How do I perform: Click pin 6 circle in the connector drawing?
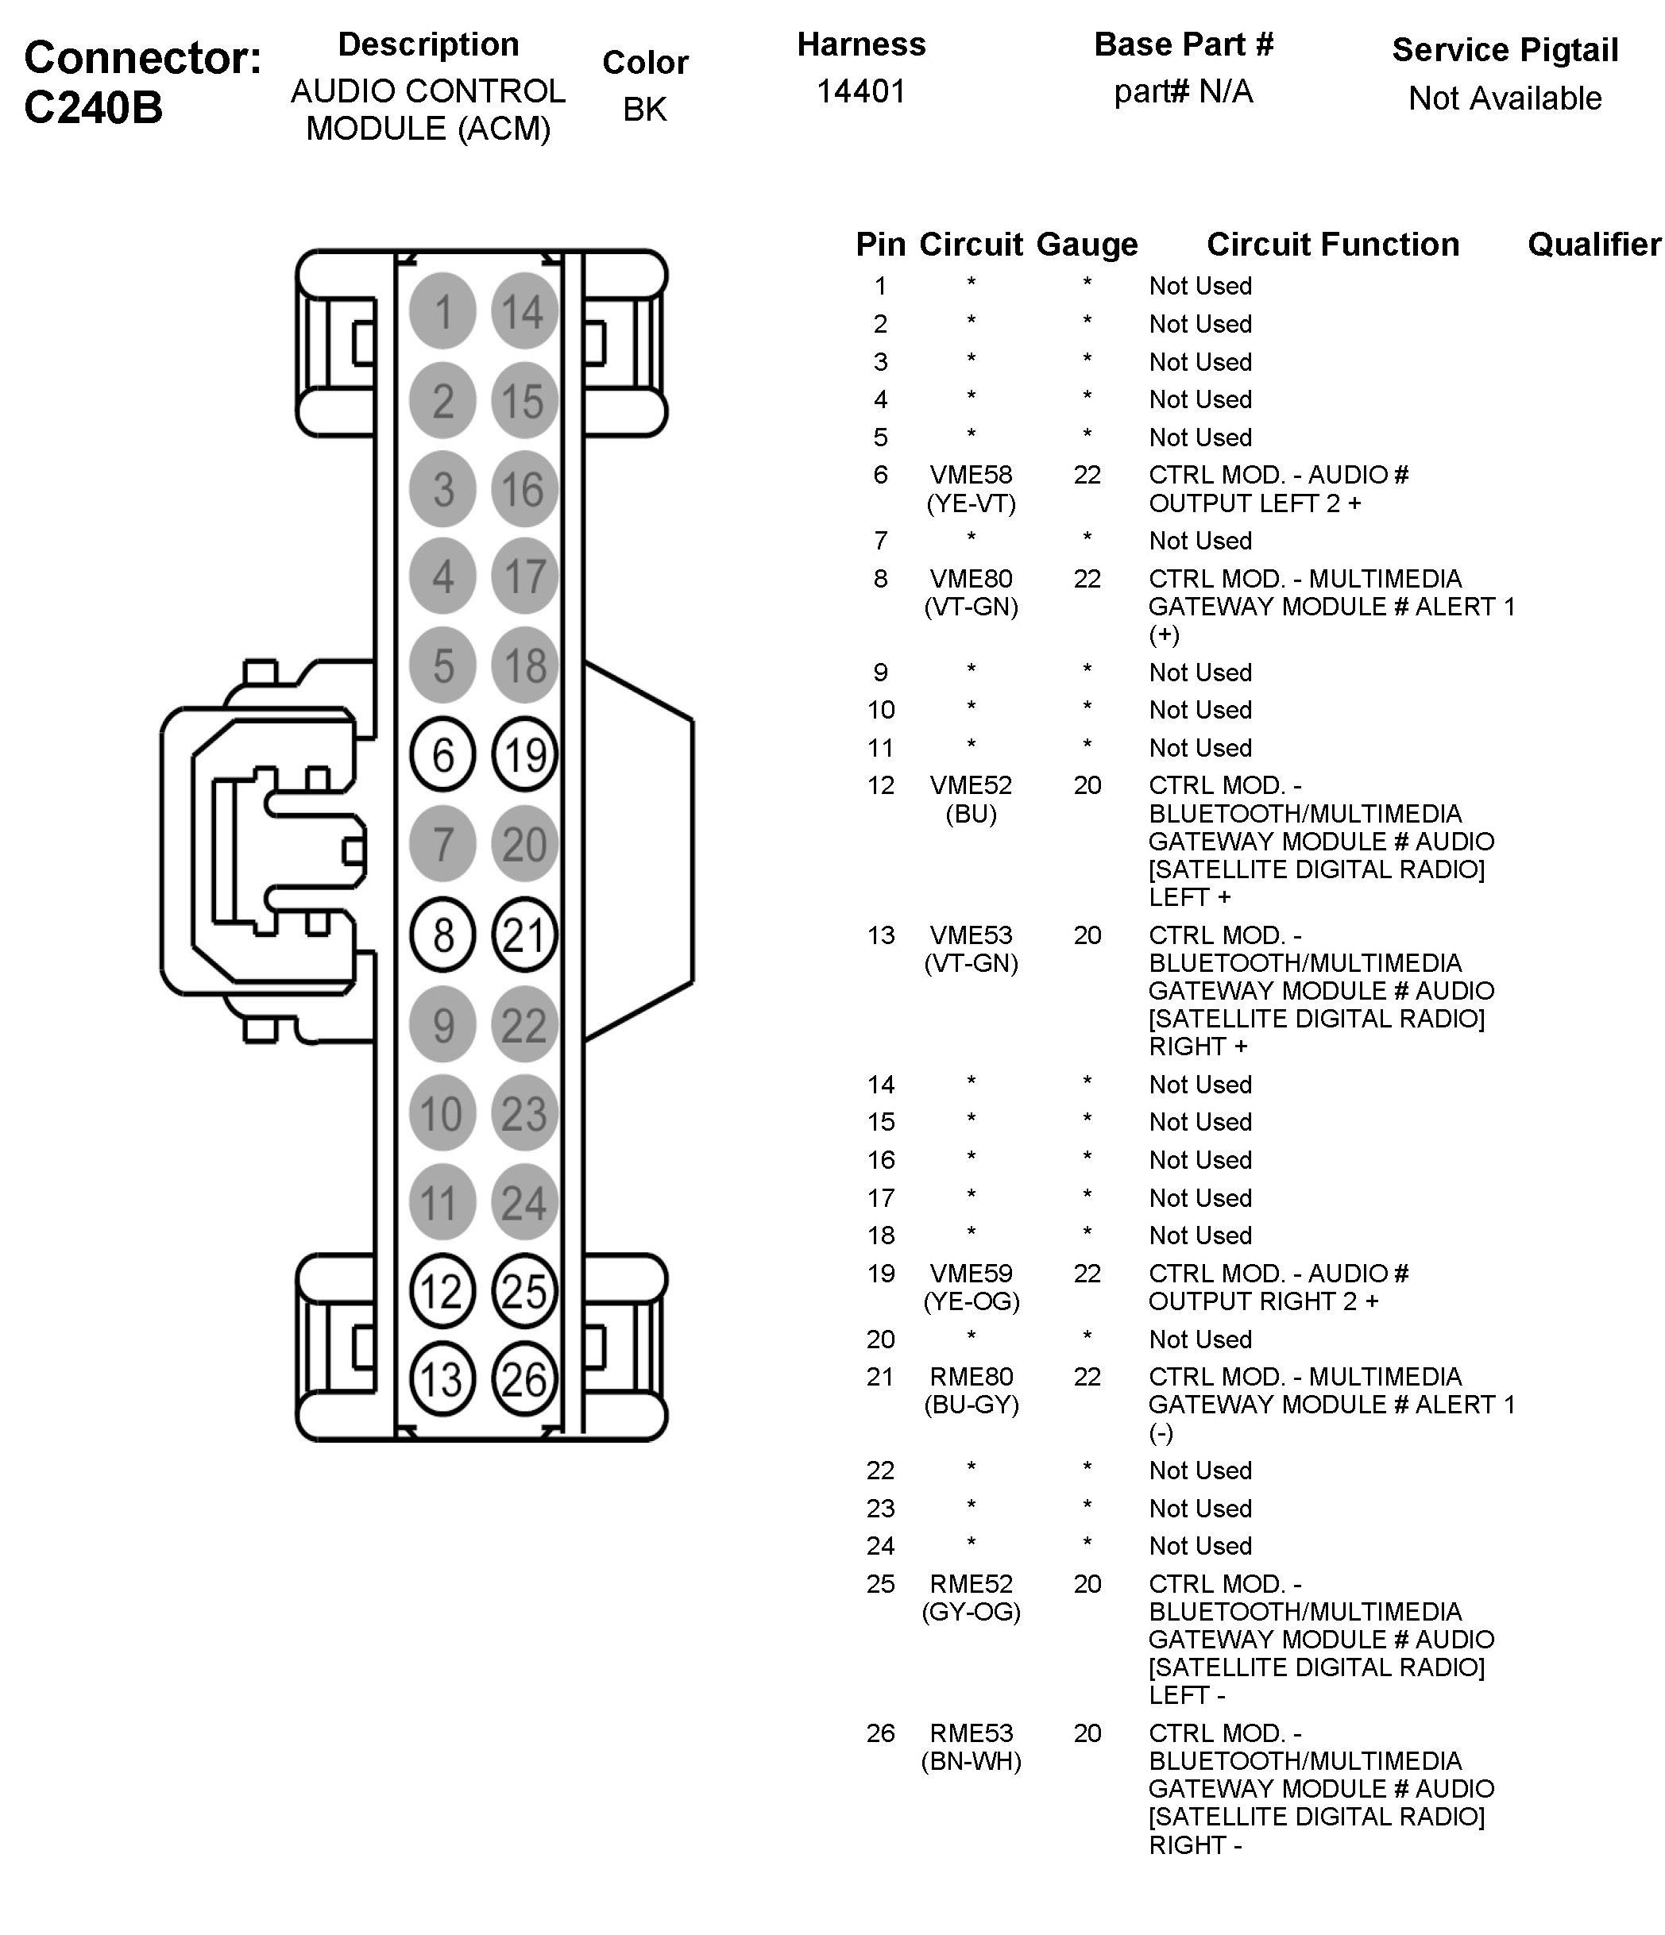pos(443,754)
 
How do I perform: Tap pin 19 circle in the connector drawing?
pos(524,754)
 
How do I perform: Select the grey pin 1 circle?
pos(443,311)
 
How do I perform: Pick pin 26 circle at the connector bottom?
pos(524,1379)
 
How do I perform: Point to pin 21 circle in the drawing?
pos(524,935)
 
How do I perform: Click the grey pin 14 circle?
pos(524,311)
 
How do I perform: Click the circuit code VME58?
pos(971,476)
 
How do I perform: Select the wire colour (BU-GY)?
pos(972,1405)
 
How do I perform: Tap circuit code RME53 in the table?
pos(971,1733)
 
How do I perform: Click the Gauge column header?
pos(1087,245)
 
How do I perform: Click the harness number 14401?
pos(861,91)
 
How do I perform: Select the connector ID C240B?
pos(94,107)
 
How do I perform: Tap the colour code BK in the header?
pos(645,110)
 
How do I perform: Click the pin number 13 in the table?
pos(881,936)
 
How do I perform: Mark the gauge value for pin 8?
pos(1087,579)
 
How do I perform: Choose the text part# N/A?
pos(1183,91)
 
